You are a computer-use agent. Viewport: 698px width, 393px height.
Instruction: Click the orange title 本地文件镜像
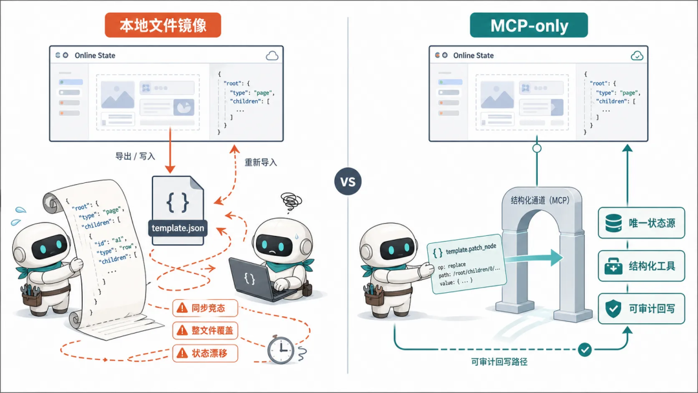tap(163, 25)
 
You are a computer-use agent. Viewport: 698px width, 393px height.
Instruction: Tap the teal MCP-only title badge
tap(529, 25)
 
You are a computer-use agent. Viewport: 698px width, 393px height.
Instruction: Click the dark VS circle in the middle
tap(348, 182)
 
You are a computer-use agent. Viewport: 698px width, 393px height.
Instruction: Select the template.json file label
tap(178, 228)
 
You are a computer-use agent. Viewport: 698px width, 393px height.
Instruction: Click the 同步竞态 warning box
tap(206, 308)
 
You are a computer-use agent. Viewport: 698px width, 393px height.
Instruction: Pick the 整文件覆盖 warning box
tap(206, 330)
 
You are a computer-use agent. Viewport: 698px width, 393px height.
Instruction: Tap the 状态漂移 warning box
tap(206, 353)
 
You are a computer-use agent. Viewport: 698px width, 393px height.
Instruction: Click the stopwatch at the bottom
tap(281, 350)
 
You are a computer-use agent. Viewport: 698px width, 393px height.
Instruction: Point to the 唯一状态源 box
tap(641, 222)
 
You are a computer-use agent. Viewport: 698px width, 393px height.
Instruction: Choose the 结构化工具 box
tap(641, 266)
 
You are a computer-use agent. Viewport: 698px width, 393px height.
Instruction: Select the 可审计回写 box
tap(641, 308)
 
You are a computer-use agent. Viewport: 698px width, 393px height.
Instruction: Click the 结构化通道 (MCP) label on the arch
tap(540, 200)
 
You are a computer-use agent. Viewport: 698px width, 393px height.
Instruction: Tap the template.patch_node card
tap(467, 264)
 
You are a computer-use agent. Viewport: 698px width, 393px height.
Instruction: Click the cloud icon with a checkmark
tap(637, 56)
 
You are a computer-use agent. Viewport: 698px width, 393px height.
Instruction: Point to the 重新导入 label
tap(261, 162)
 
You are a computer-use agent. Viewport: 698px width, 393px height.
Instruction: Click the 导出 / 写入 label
tap(135, 156)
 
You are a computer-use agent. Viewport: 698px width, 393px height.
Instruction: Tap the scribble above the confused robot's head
tap(291, 202)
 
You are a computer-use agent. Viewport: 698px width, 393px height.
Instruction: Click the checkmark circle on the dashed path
tap(585, 350)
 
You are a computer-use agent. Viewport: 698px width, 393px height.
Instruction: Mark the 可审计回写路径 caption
tap(499, 362)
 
